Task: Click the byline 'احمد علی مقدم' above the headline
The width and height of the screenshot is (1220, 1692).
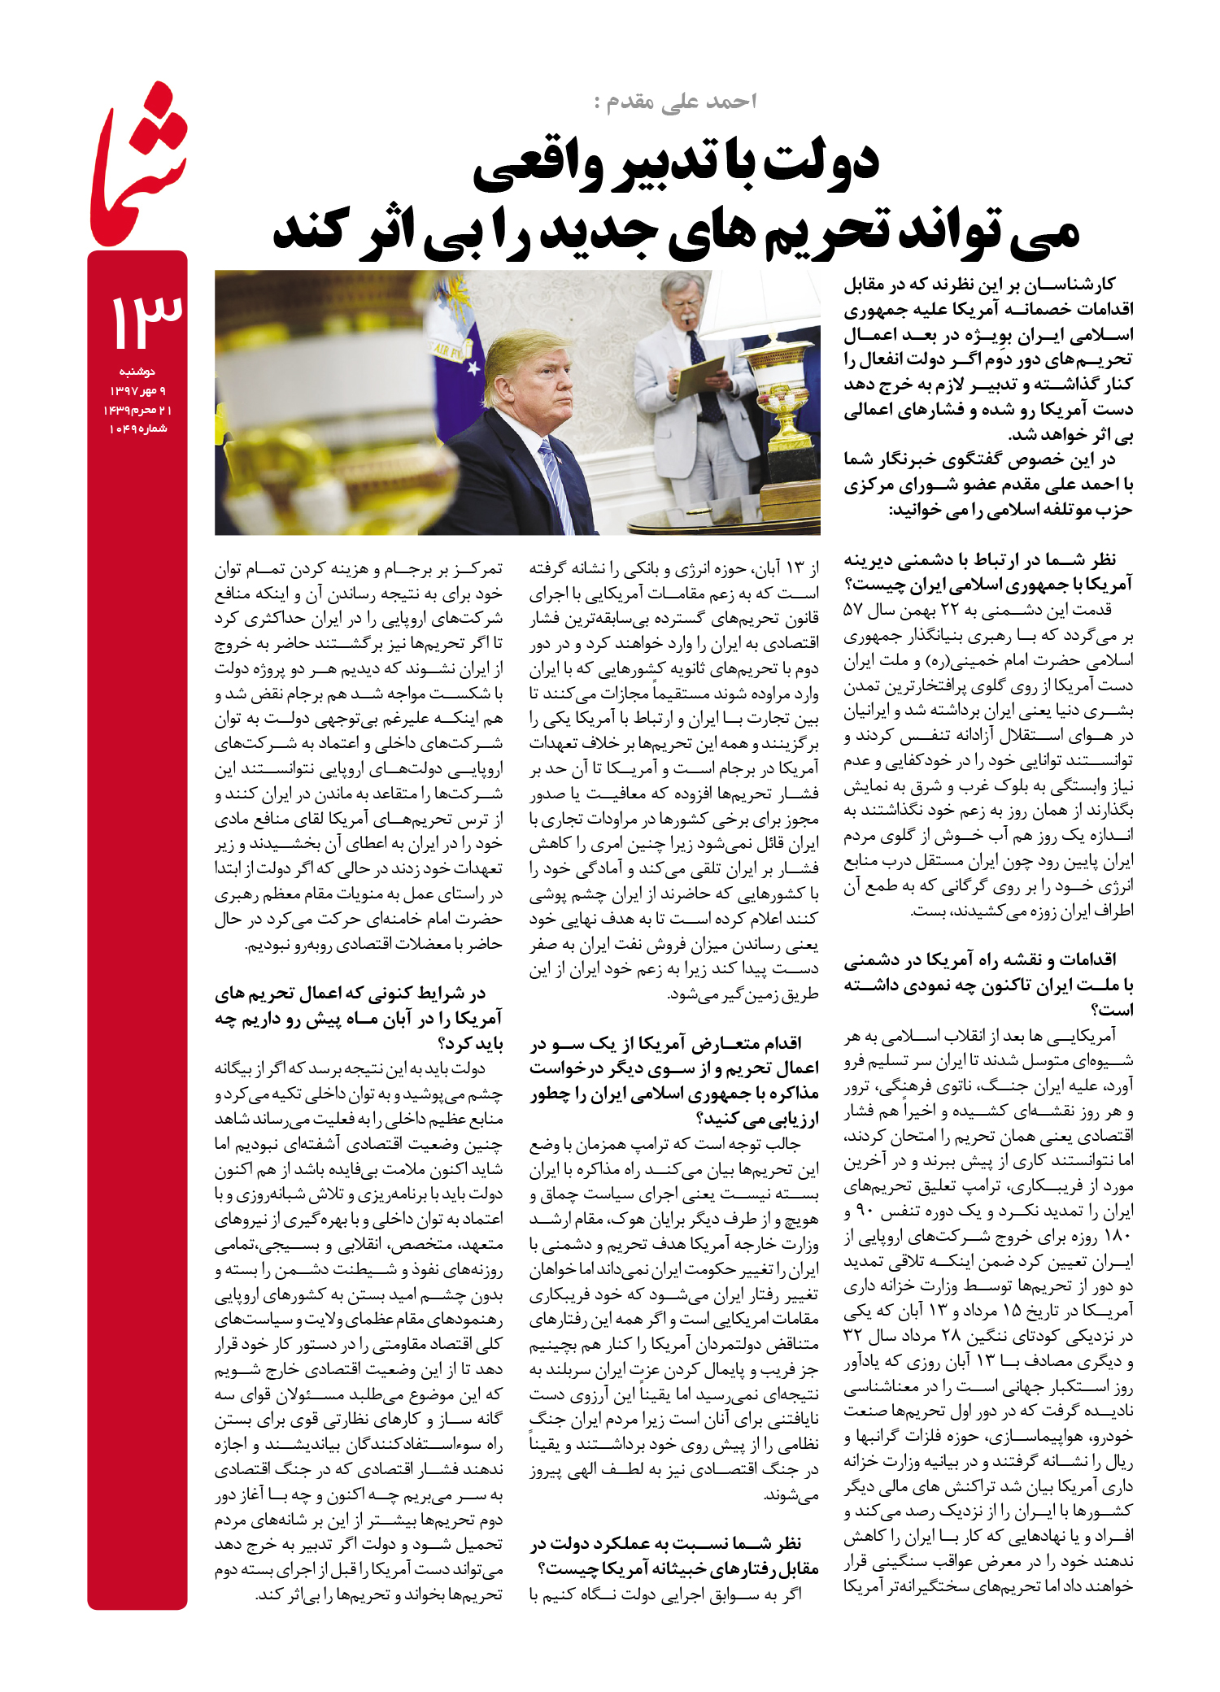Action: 676,101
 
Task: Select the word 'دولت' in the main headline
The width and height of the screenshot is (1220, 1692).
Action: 821,161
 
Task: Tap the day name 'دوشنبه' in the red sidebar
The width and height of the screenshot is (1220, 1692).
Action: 137,372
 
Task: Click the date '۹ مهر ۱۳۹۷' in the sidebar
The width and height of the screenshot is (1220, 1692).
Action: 138,391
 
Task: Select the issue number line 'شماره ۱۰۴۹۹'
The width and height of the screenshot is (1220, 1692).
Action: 138,428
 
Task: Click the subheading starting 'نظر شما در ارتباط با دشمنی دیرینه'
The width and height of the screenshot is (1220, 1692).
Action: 987,572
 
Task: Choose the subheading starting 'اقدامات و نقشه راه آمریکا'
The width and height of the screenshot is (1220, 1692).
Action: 987,985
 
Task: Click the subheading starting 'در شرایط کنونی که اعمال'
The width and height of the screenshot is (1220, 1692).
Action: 359,1018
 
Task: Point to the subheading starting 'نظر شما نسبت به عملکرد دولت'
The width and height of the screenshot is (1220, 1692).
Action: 674,1555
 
